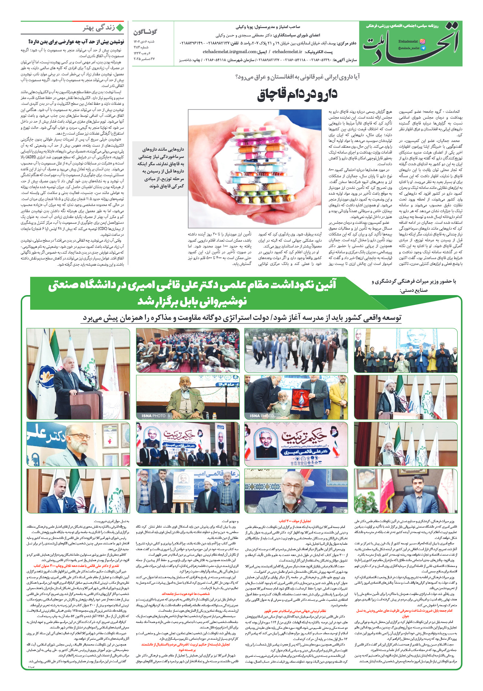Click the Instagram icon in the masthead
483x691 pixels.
point(422,41)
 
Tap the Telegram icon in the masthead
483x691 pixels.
point(422,48)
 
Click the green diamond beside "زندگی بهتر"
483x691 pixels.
point(120,28)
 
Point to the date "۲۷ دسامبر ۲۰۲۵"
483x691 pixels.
point(144,59)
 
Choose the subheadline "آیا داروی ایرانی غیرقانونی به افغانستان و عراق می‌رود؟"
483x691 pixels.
point(297,77)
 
